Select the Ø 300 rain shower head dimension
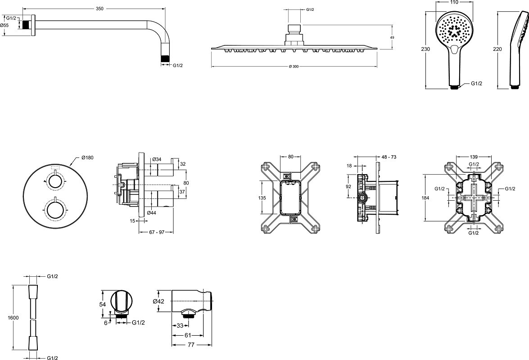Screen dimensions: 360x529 pos(294,67)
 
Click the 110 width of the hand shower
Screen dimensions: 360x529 pos(454,3)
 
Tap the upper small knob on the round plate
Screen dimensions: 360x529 pos(55,181)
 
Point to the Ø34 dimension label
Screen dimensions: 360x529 pos(157,159)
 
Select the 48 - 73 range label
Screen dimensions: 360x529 pos(389,157)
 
